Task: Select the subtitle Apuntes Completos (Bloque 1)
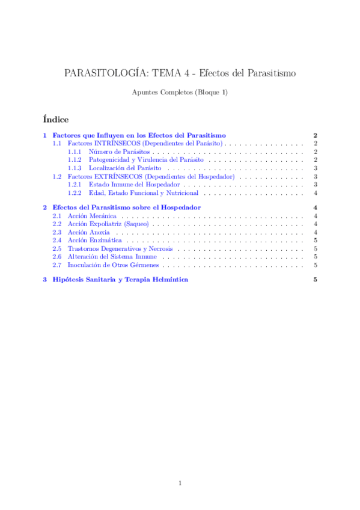[180, 92]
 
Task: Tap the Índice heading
[56, 119]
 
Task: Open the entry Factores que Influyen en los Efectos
[139, 135]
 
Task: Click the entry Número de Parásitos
[111, 153]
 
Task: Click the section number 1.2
[57, 177]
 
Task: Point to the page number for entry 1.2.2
[316, 193]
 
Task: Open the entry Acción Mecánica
[92, 215]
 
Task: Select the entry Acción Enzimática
[94, 240]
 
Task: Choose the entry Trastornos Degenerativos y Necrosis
[120, 248]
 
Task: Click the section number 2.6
[57, 256]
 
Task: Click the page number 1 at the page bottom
[180, 483]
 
